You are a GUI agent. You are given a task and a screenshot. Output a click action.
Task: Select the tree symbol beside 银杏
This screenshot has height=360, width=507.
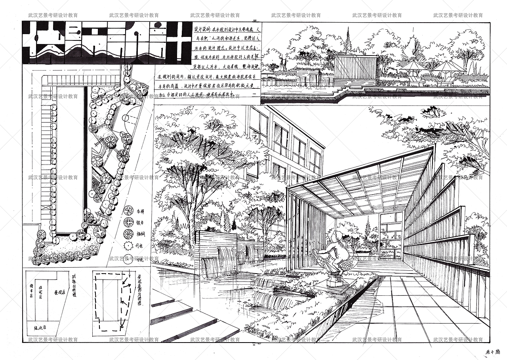point(128,222)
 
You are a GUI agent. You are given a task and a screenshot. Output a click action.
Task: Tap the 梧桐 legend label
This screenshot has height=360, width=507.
point(139,234)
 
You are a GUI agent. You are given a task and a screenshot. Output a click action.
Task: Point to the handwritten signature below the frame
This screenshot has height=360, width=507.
point(494,352)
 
